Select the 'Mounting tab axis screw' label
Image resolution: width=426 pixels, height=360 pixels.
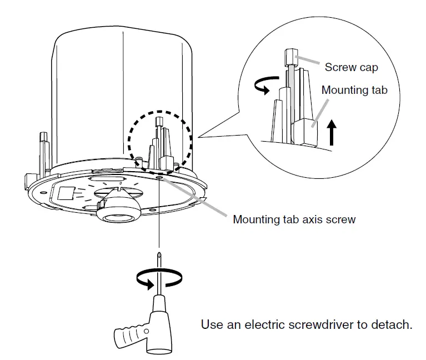click(x=294, y=219)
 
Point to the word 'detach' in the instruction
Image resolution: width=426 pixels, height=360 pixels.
click(x=393, y=324)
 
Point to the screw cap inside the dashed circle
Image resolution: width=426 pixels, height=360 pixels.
click(x=158, y=121)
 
